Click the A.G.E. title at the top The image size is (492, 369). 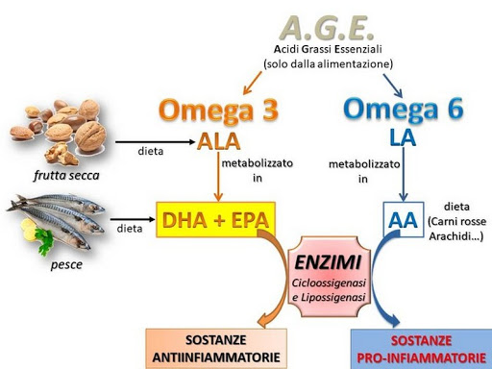click(x=327, y=25)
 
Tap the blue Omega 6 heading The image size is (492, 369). click(x=403, y=108)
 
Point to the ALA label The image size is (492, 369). click(x=218, y=141)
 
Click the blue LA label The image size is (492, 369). click(x=403, y=137)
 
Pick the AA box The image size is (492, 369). click(x=402, y=221)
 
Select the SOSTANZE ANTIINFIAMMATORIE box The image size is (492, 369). click(x=215, y=349)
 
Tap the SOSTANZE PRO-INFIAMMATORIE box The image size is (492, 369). click(x=421, y=349)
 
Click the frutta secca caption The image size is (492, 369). click(x=66, y=176)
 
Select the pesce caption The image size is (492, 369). click(x=66, y=264)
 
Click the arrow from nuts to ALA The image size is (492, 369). click(x=154, y=142)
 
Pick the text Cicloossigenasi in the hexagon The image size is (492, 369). click(x=329, y=282)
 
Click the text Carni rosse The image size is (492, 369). click(x=457, y=221)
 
